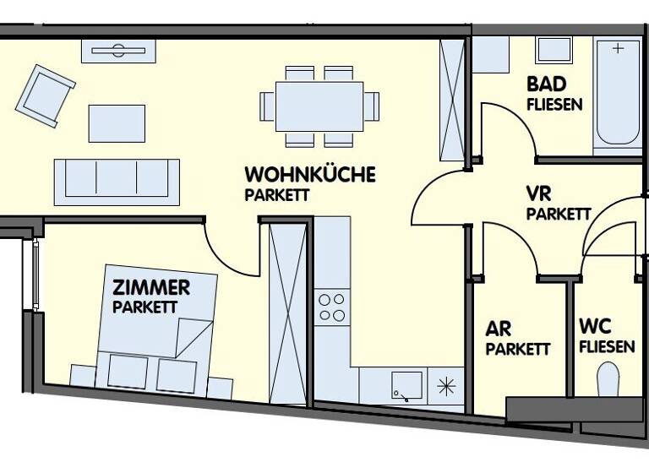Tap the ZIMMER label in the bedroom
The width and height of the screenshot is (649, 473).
pos(151,287)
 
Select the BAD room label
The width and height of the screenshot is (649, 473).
pos(546,84)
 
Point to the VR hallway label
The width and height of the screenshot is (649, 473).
pos(538,193)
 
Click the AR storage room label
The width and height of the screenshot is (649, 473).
pos(498,328)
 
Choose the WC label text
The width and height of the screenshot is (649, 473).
pos(595,327)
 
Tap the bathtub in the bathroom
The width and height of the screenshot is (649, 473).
pos(618,93)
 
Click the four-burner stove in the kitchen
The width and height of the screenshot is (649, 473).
pos(330,307)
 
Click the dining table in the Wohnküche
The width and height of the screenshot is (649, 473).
pos(319,106)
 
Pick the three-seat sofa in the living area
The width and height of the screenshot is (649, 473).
pos(117,178)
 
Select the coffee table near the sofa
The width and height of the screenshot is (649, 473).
pos(117,122)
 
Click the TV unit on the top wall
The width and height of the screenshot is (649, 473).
pos(118,51)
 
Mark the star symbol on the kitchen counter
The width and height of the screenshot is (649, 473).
pos(445,387)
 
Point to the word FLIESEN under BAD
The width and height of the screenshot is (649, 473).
pos(554,105)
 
